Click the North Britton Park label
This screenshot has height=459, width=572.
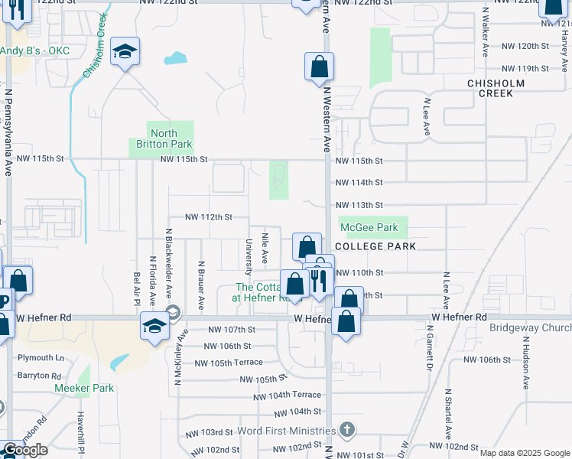click(161, 138)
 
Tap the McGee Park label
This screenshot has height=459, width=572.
click(369, 227)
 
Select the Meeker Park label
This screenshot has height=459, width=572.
click(84, 388)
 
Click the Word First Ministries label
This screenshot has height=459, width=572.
click(286, 431)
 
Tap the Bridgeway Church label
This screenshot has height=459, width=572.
click(530, 328)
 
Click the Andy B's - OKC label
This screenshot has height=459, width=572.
click(34, 50)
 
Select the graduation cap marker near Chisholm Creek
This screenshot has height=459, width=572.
click(125, 52)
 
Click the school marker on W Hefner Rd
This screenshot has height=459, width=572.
click(154, 327)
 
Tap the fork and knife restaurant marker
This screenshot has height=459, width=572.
click(320, 278)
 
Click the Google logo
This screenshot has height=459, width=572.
click(24, 450)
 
